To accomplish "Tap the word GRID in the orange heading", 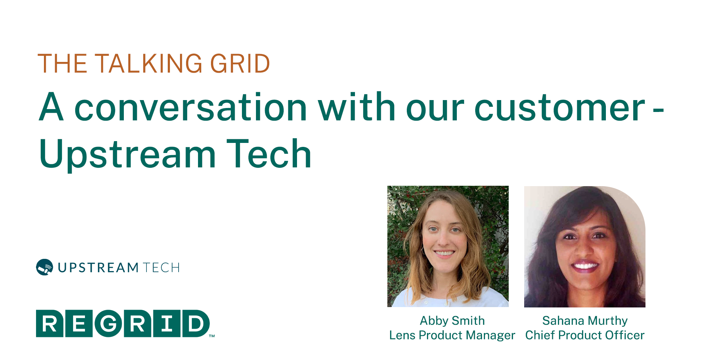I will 240,64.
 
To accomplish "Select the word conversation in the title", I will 190,107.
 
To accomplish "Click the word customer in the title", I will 560,107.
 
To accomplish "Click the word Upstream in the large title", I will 127,155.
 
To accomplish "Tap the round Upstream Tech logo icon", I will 45,267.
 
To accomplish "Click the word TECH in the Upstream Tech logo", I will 161,268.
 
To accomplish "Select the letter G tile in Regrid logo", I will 108,323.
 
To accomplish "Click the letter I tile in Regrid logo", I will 167,323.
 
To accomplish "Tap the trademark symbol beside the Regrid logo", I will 212,336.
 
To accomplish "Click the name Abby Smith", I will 452,320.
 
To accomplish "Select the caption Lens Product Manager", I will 452,335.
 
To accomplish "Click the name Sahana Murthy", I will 585,320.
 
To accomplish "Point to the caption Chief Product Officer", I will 585,335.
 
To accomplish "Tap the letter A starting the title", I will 51,107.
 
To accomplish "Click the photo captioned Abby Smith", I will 448,246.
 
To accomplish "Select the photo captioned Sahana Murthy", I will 585,246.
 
